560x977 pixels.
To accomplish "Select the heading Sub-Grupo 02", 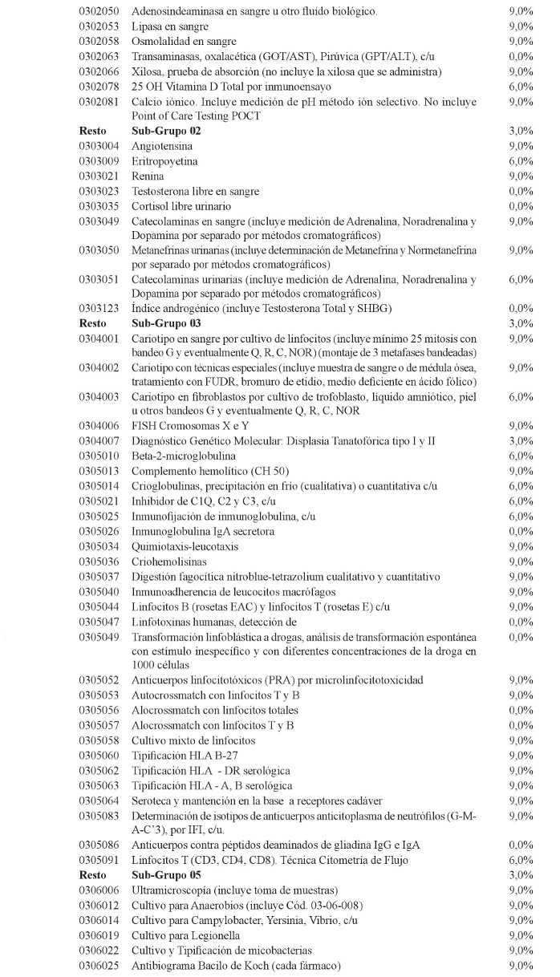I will point(166,131).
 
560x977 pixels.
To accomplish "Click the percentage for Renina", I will point(521,176).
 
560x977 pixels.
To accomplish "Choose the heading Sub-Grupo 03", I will point(166,323).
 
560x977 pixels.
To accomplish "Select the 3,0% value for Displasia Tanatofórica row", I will point(521,441).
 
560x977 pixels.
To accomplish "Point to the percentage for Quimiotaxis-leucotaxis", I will point(521,546).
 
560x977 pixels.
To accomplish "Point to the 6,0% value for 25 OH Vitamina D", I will point(521,87).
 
